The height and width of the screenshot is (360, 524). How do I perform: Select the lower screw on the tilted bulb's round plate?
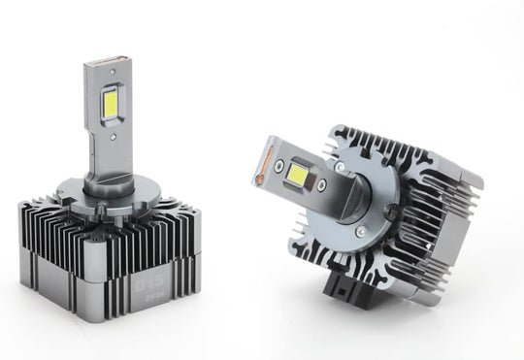(x=360, y=232)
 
